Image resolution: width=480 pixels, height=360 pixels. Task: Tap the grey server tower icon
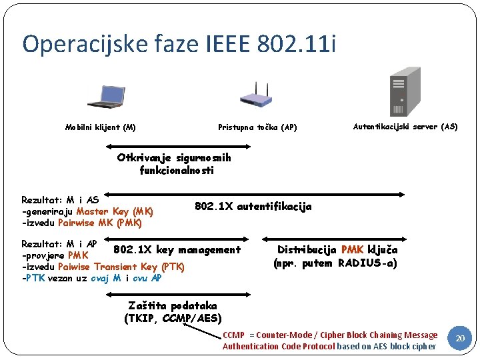point(405,93)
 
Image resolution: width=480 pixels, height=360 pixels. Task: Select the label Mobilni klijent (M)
point(100,127)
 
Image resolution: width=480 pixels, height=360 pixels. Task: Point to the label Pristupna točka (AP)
point(257,127)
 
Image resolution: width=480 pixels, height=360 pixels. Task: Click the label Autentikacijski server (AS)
point(405,126)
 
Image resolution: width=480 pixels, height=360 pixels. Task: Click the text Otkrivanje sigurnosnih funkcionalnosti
point(174,164)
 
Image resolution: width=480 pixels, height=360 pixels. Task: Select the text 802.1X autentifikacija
point(253,207)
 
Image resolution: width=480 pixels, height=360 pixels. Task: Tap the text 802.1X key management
point(177,250)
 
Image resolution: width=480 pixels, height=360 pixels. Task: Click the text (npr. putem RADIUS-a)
point(335,263)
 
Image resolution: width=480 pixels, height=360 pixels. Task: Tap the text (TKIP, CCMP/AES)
point(173,318)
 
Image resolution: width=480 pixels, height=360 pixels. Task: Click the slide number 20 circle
point(459,339)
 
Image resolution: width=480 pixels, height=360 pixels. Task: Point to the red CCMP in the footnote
point(234,335)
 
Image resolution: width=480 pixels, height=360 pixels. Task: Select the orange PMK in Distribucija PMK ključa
point(352,250)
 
